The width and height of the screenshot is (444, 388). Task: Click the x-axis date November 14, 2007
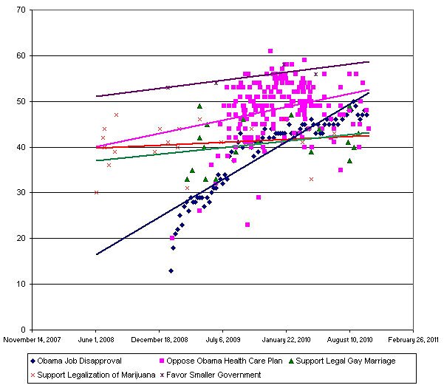click(x=33, y=341)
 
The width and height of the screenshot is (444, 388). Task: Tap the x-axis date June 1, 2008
click(x=96, y=341)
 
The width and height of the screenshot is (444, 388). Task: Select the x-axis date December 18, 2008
click(x=160, y=341)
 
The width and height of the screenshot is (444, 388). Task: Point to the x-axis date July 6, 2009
click(x=223, y=341)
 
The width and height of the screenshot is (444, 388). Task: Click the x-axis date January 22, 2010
click(x=287, y=341)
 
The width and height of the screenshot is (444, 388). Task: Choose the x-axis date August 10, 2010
click(x=350, y=341)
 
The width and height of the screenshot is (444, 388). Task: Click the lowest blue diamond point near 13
click(x=171, y=271)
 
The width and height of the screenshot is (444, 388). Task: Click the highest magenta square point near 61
click(x=270, y=51)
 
